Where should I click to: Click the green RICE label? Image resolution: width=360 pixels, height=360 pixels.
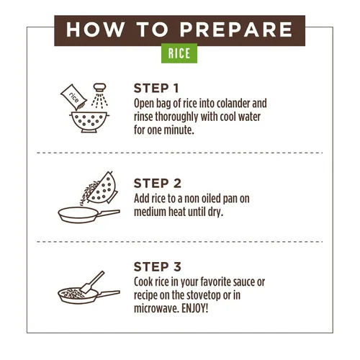179,53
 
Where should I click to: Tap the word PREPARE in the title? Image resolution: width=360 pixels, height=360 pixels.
236,30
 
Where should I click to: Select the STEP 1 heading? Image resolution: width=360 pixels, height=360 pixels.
156,89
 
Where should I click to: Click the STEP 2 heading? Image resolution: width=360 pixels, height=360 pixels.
158,184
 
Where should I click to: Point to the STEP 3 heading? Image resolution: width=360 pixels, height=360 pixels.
158,267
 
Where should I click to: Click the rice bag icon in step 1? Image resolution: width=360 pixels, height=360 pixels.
73,97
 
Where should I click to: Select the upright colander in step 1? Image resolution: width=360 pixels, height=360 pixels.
89,122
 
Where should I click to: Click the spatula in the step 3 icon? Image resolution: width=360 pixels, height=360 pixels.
92,282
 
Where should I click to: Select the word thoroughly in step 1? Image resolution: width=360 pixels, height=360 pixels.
176,117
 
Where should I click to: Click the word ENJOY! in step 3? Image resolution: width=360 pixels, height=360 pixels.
194,308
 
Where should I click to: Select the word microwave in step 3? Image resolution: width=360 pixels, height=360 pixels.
156,309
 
